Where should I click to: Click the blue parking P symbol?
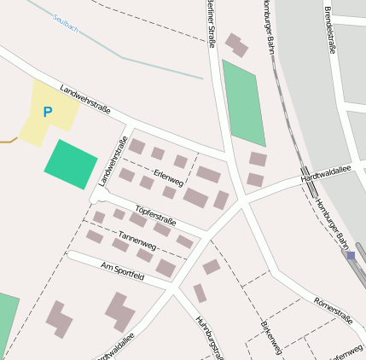pyautogui.click(x=48, y=112)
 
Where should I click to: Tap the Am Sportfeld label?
pyautogui.click(x=123, y=272)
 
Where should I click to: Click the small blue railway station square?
pyautogui.click(x=351, y=255)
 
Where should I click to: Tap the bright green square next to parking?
pyautogui.click(x=70, y=164)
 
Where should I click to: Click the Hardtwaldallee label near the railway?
pyautogui.click(x=327, y=173)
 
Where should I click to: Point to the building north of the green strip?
pyautogui.click(x=237, y=44)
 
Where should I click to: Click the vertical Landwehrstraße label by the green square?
pyautogui.click(x=112, y=160)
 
